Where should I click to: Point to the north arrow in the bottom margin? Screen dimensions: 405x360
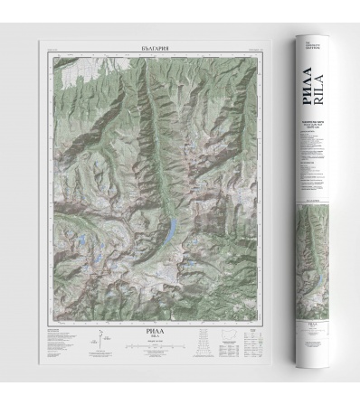99,344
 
